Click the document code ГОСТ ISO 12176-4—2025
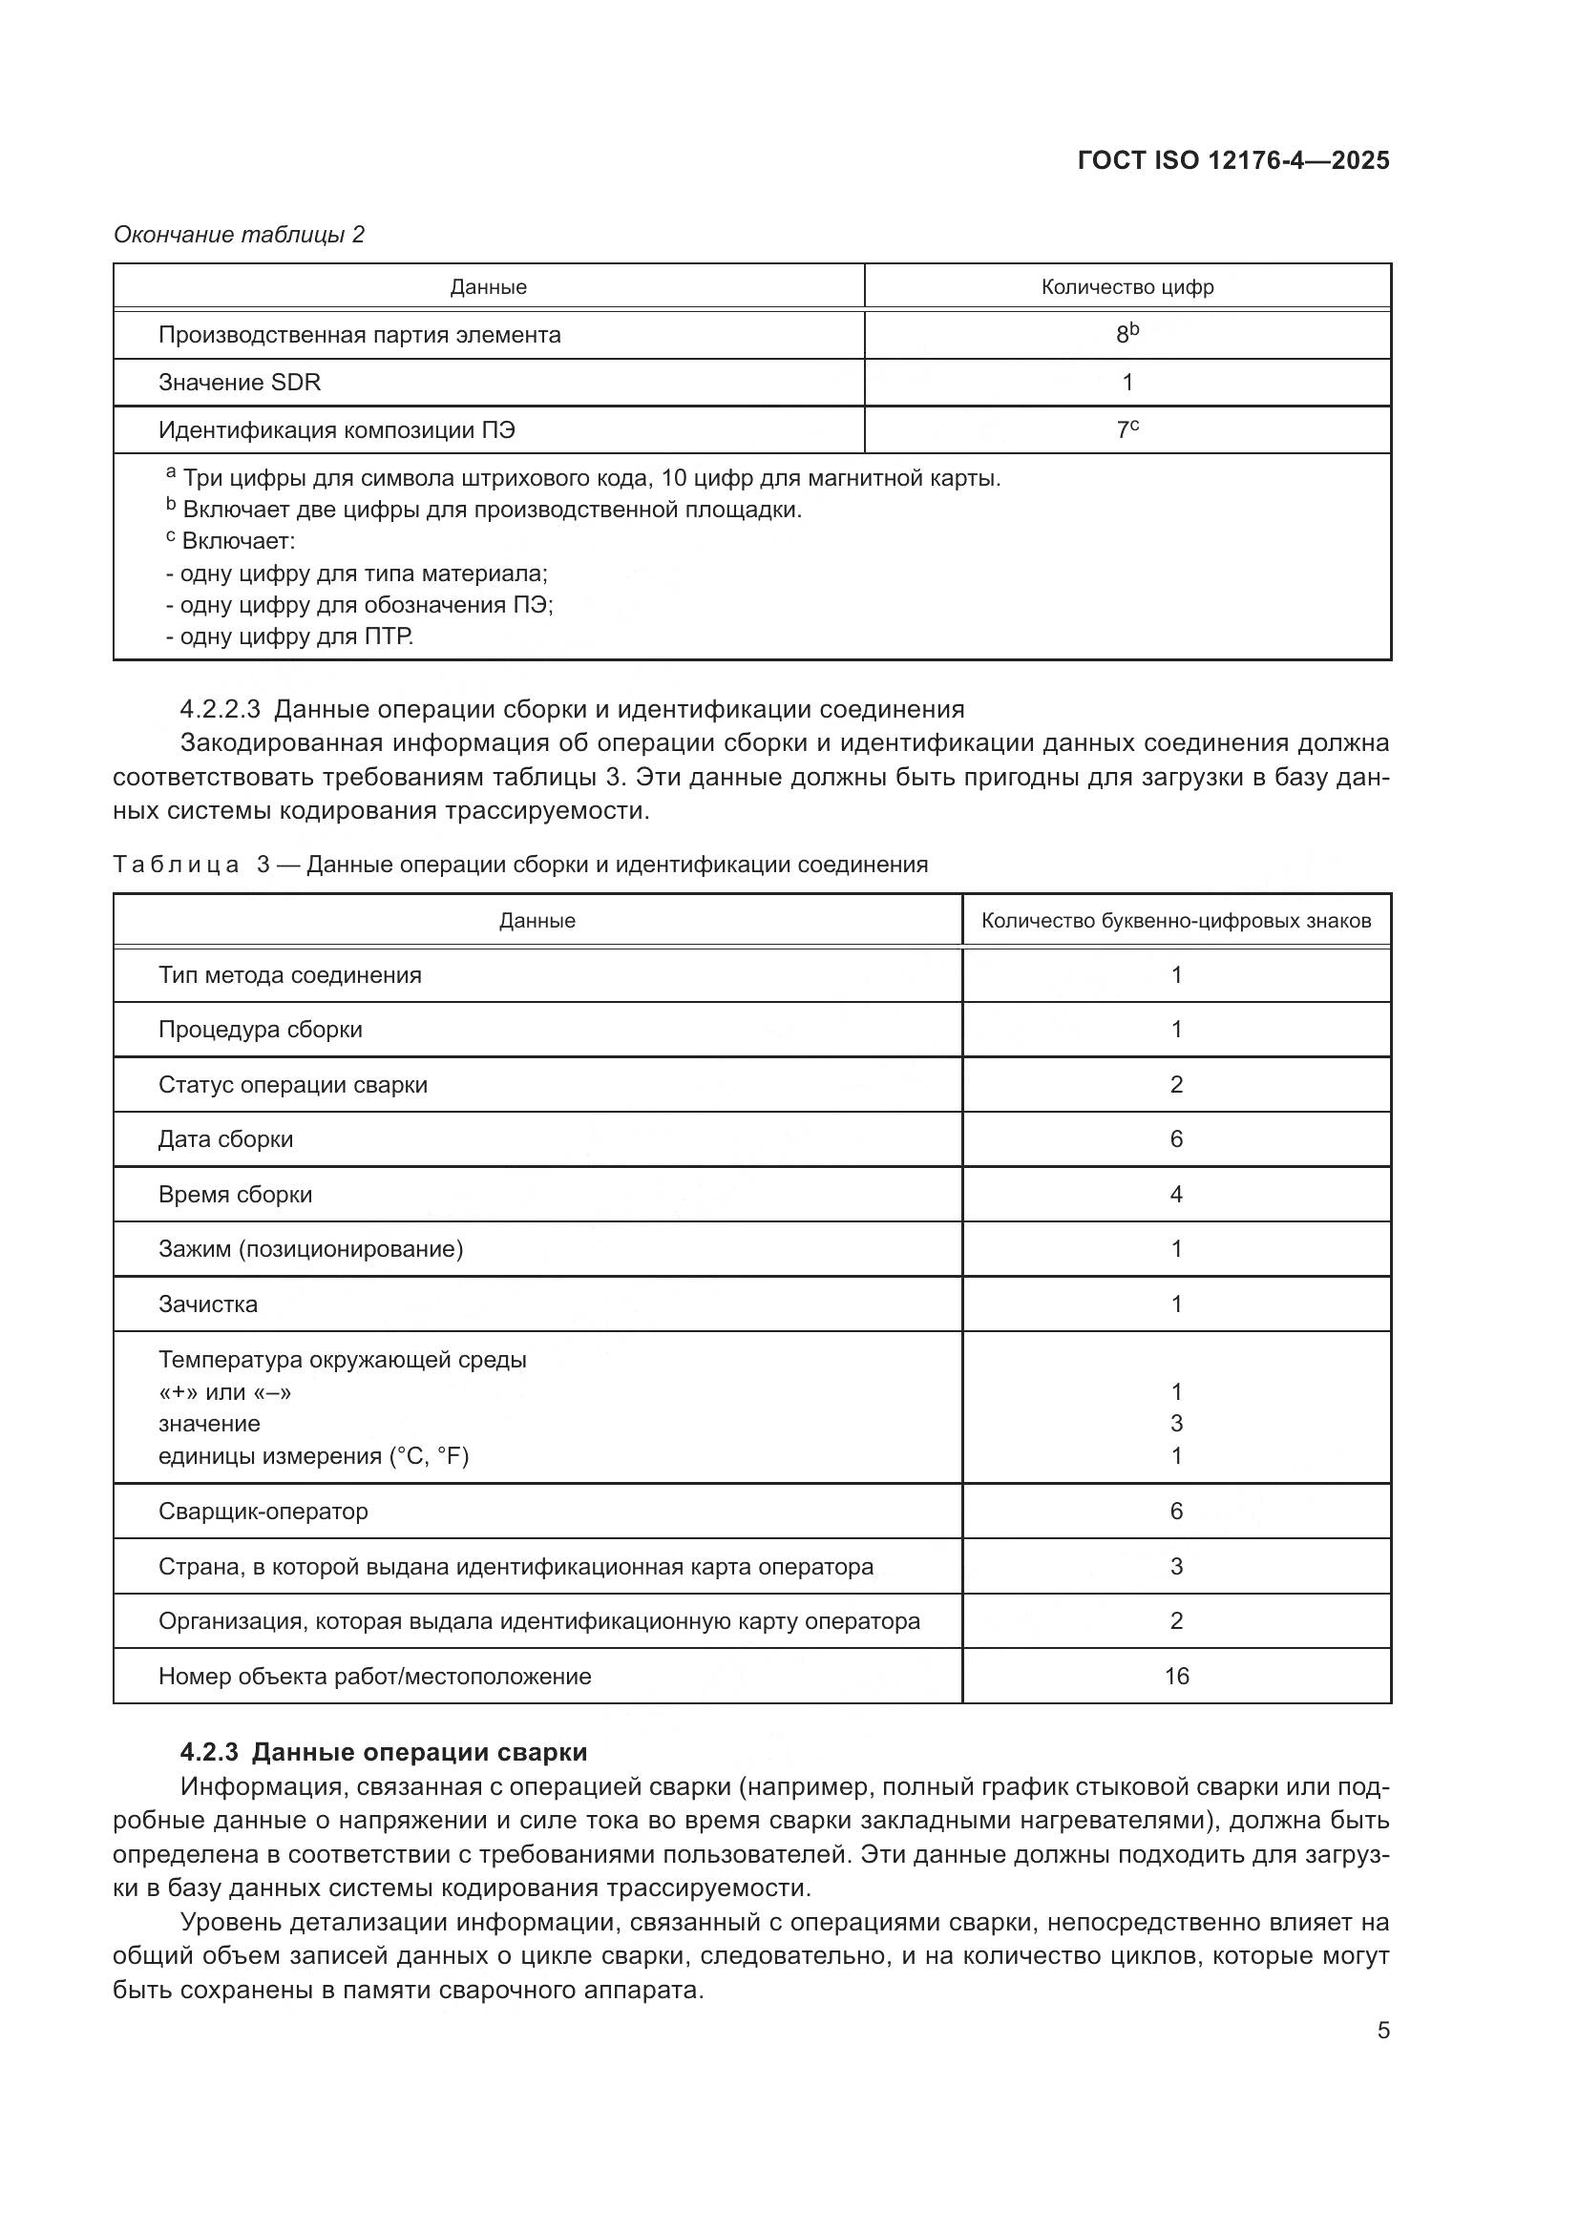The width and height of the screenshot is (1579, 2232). click(1232, 160)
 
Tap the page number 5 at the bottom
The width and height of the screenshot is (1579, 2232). click(1383, 2031)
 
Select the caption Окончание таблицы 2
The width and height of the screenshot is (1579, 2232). click(240, 235)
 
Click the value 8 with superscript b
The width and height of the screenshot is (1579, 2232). click(1126, 334)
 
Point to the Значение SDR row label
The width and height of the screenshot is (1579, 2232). click(240, 382)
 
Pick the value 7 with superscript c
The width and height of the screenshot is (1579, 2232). click(1126, 429)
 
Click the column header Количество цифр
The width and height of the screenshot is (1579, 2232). click(1126, 287)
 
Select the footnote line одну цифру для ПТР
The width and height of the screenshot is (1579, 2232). click(290, 636)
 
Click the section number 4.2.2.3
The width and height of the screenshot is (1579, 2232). click(220, 709)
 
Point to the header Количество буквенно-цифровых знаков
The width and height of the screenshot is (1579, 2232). click(1175, 921)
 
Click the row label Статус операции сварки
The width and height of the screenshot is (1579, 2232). click(293, 1084)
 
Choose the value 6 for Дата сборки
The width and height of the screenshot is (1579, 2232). click(1175, 1139)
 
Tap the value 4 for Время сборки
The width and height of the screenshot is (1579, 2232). click(1175, 1194)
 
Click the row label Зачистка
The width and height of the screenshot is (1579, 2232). click(208, 1304)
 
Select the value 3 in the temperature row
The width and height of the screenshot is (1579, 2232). click(1175, 1423)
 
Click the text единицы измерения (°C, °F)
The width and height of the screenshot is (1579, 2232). click(313, 1455)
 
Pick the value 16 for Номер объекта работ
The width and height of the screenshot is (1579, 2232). click(1176, 1676)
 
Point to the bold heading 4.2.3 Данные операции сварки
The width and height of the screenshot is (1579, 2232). click(384, 1752)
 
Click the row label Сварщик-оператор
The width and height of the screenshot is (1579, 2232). click(263, 1511)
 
